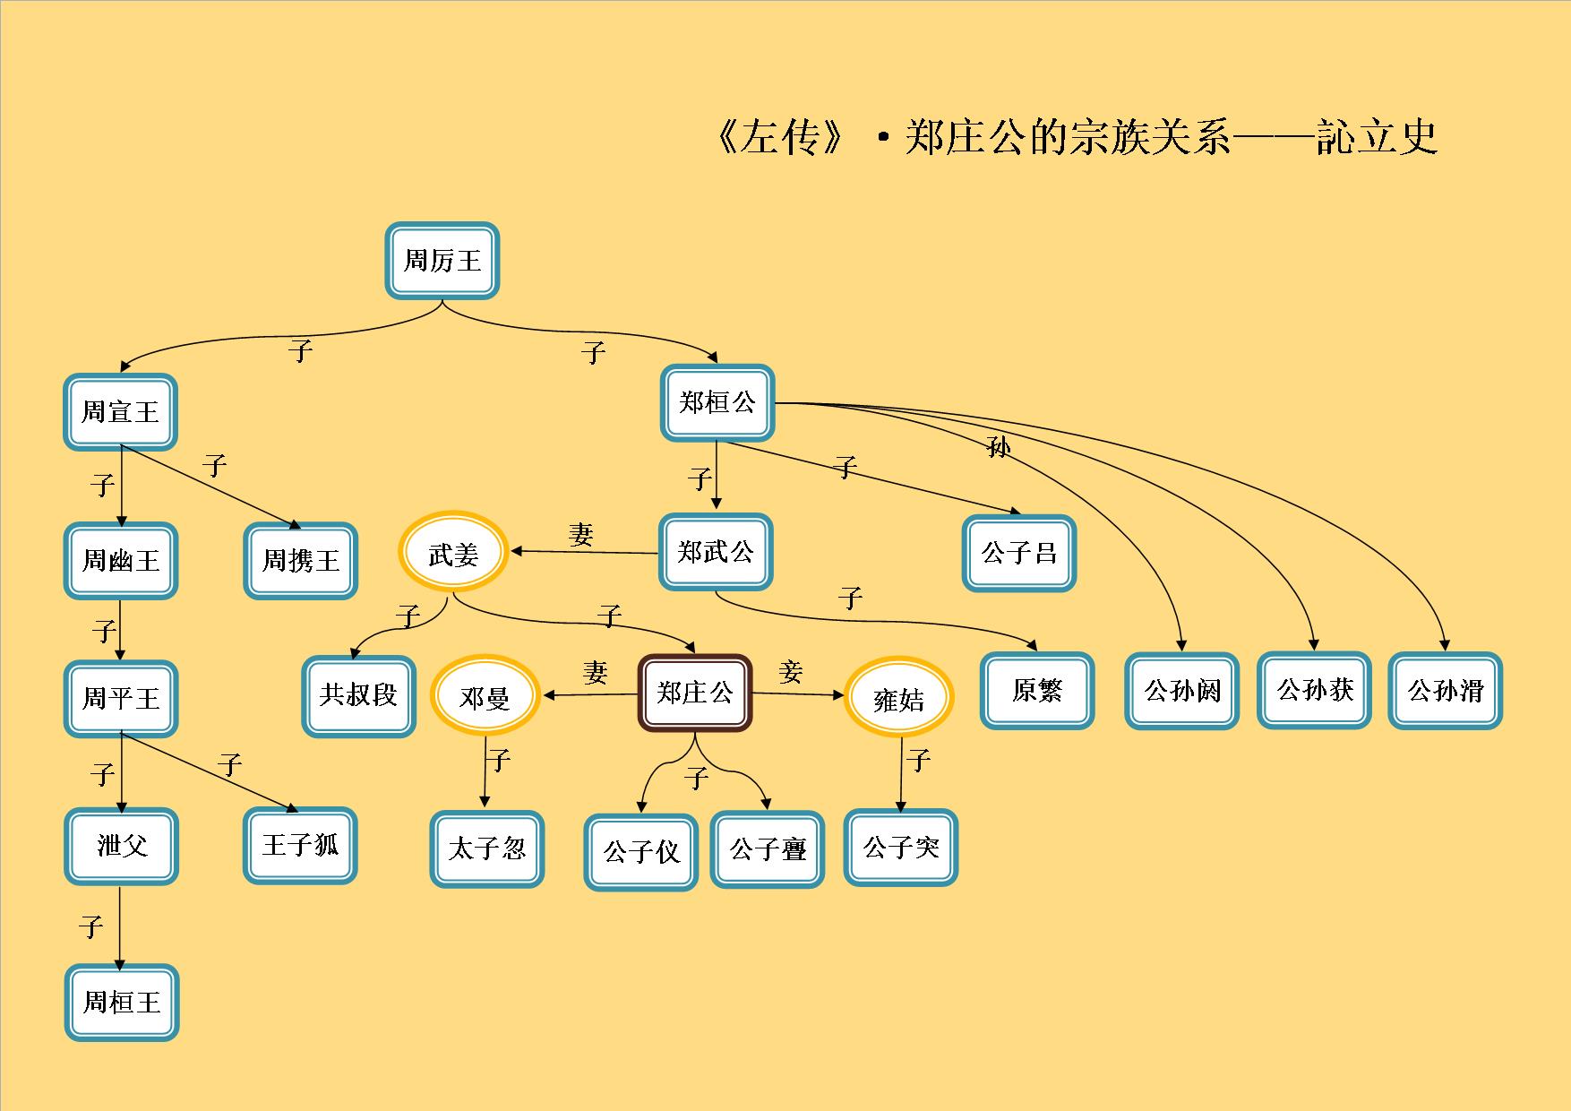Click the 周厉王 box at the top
(442, 261)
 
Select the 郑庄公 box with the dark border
(694, 693)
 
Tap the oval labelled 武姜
(453, 554)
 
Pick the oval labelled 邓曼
(485, 697)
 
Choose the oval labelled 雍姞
(898, 698)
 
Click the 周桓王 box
(121, 1002)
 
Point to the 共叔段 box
(358, 696)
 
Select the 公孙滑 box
(1445, 691)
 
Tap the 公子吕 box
(1018, 553)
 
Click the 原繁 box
(1036, 691)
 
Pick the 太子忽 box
(486, 848)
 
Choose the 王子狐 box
(300, 845)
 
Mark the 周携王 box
(300, 561)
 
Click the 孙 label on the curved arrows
(998, 446)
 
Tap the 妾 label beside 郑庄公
(790, 671)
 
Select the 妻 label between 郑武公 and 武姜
(581, 535)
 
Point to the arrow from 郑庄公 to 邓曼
(591, 694)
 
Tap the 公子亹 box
(768, 849)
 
